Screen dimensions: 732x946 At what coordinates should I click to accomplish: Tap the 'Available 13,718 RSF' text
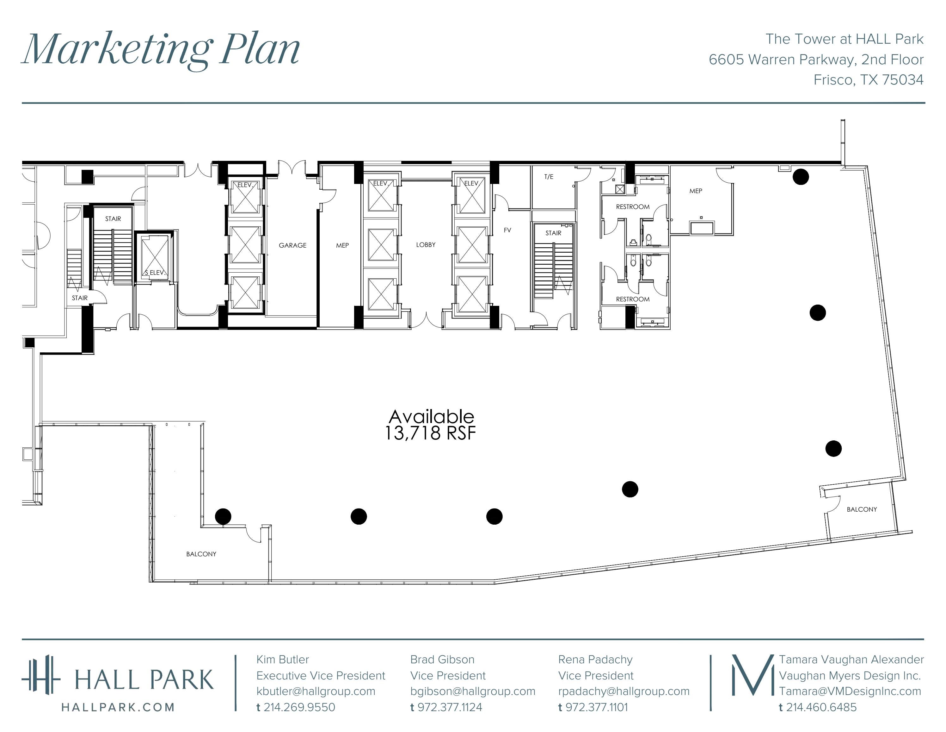[x=431, y=425]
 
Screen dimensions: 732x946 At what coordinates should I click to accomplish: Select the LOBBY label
[x=426, y=244]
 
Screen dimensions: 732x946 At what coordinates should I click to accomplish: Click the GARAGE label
[x=292, y=245]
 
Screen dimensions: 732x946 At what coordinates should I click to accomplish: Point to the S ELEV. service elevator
[x=155, y=257]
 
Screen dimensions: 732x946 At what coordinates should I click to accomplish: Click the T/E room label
[x=549, y=176]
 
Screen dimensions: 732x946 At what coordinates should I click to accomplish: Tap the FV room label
[x=507, y=230]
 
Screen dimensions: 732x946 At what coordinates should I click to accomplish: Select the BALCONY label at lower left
[x=201, y=554]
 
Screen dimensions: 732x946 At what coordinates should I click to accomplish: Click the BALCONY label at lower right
[x=862, y=509]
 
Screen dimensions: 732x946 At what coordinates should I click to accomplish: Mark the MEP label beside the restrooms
[x=696, y=191]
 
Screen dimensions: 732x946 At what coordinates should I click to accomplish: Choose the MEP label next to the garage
[x=342, y=245]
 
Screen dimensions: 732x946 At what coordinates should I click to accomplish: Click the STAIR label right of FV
[x=553, y=233]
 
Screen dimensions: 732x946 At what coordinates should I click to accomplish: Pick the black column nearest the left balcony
[x=223, y=516]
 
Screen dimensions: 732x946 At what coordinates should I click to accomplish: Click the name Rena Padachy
[x=595, y=659]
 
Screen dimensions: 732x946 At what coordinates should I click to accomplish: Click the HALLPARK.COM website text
[x=118, y=707]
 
